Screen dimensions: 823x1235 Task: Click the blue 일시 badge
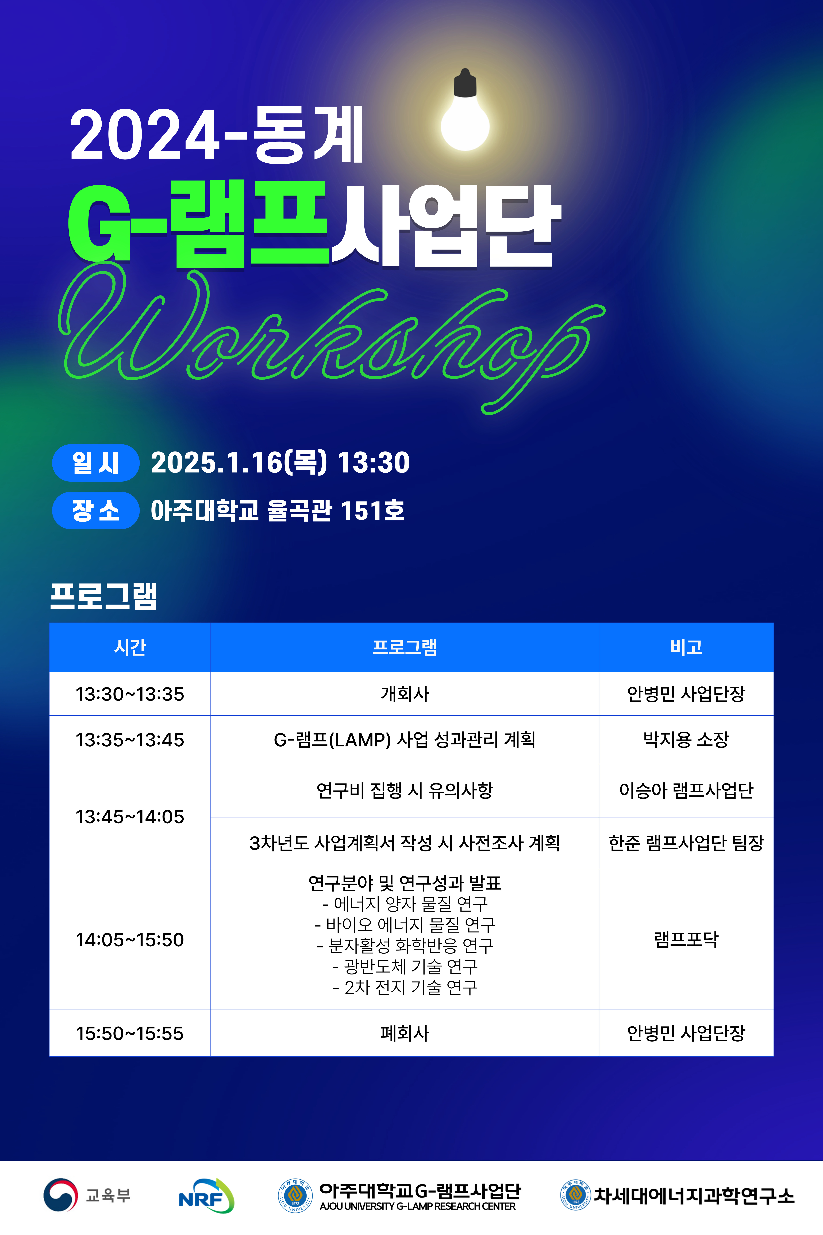tap(95, 462)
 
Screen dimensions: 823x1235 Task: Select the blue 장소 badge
tap(95, 510)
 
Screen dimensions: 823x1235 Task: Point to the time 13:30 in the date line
tap(373, 462)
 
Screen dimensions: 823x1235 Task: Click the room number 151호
tap(373, 510)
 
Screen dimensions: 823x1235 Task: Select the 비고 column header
tap(686, 647)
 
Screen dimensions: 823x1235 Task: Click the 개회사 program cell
tap(405, 694)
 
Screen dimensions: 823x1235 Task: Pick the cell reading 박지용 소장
tap(686, 740)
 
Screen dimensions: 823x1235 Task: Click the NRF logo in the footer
tap(206, 1195)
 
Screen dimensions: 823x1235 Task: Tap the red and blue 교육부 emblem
tap(60, 1195)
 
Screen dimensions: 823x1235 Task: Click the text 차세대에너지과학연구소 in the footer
tap(694, 1195)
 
